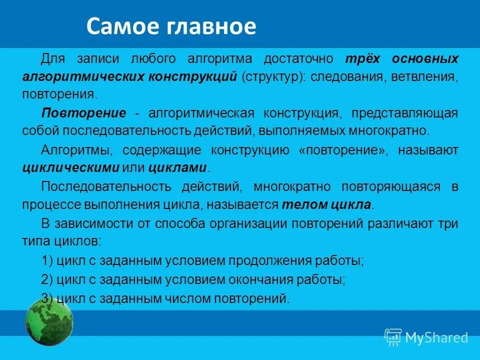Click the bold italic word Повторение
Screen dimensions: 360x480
pos(83,112)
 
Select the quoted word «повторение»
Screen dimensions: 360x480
pos(342,150)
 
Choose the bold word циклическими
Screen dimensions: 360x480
pos(70,167)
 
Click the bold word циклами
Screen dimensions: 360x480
pos(183,167)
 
